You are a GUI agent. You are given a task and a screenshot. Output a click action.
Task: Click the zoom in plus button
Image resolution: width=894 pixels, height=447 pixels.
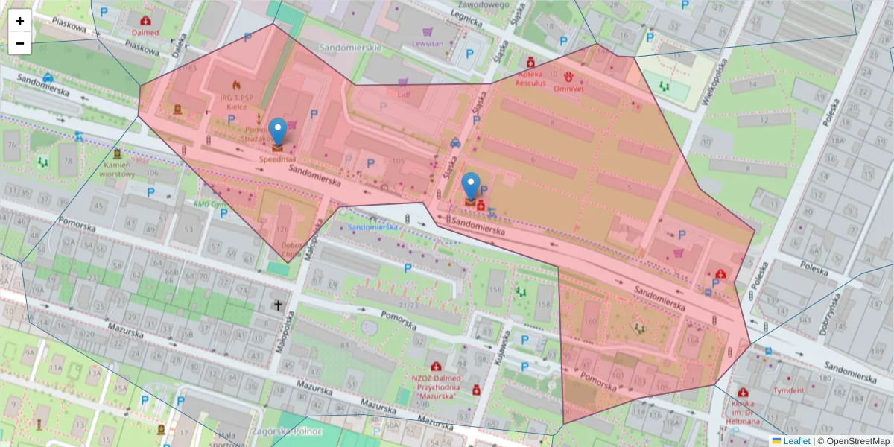pos(19,21)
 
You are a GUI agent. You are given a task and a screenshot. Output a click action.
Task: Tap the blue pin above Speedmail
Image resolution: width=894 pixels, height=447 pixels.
pos(278,132)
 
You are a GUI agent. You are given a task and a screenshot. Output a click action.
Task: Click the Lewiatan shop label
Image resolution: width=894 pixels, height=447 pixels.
pos(428,43)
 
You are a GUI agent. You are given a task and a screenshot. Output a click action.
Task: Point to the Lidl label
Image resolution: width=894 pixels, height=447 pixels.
pos(404,95)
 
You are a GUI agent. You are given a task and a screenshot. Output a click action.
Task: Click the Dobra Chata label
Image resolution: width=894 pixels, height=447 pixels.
pos(293,249)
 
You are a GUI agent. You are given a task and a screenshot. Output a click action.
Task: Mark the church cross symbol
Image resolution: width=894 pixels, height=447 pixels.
pos(279,305)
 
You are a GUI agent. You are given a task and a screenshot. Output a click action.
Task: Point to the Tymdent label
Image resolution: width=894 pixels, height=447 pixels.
pos(788,390)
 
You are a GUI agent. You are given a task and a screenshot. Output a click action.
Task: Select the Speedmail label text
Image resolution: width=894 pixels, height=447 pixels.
pos(277,159)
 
